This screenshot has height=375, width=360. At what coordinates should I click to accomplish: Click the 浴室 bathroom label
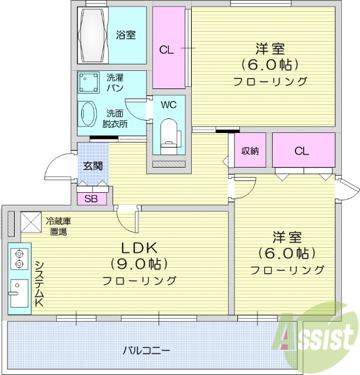(x=125, y=35)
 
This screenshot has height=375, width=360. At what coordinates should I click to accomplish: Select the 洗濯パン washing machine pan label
(x=115, y=81)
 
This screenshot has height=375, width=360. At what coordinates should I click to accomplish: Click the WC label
(x=168, y=105)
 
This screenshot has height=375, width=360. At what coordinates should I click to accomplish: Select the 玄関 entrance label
(x=92, y=165)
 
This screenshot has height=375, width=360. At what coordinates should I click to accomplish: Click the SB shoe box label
(x=91, y=198)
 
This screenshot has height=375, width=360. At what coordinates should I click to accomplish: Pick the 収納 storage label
(x=250, y=151)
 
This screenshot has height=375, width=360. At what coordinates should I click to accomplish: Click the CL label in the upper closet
(x=167, y=50)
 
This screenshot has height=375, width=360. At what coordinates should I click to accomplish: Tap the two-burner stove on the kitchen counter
(x=19, y=259)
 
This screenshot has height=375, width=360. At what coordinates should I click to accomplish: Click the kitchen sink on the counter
(x=18, y=292)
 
